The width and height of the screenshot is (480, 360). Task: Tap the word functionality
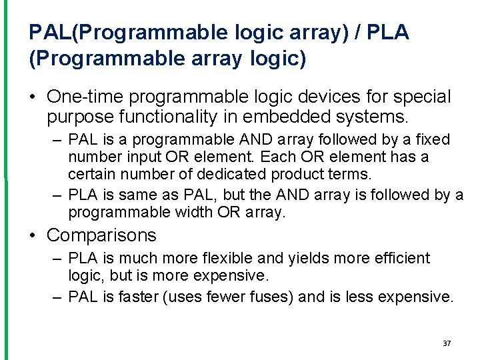[x=169, y=118]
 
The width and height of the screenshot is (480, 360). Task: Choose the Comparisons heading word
[x=101, y=235]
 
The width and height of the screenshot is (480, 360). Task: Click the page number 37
[x=447, y=343]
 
